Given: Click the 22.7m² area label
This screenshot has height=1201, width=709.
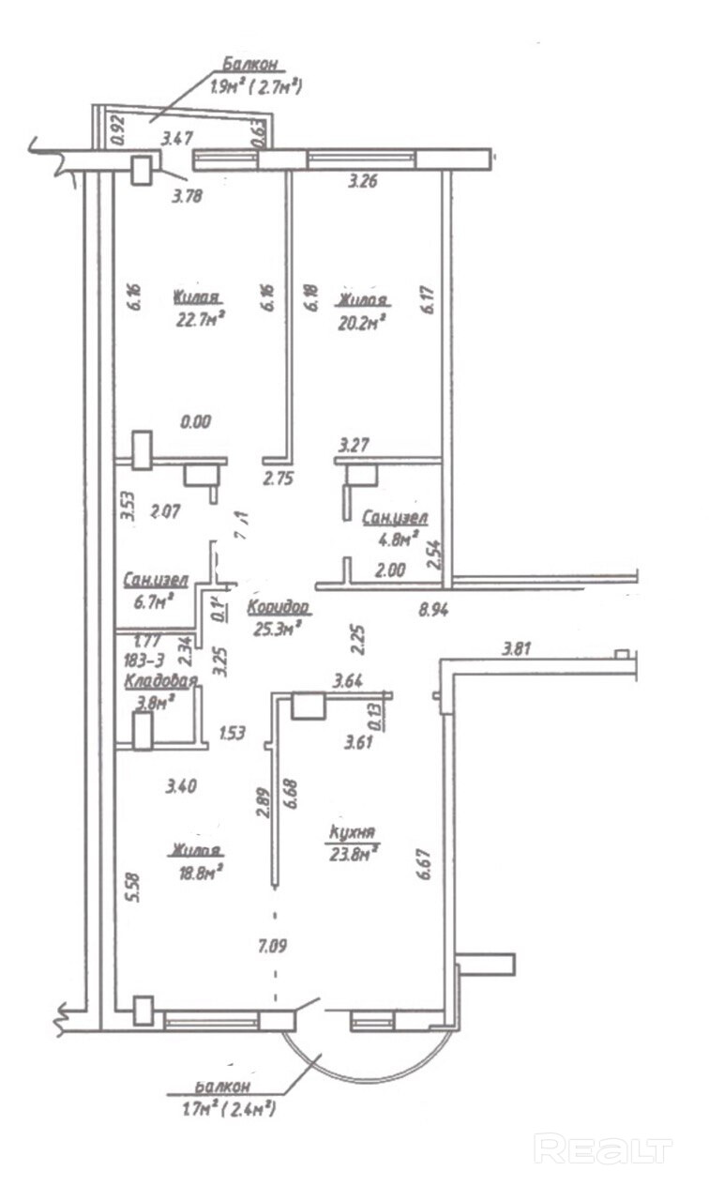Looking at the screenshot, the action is click(x=197, y=321).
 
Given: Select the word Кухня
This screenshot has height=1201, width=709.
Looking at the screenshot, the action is click(x=353, y=832).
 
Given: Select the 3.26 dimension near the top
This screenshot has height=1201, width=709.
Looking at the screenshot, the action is click(x=362, y=183).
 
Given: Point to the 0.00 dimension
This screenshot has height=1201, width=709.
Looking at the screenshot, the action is click(x=196, y=423).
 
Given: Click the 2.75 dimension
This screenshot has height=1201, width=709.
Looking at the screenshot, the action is click(x=279, y=479).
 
